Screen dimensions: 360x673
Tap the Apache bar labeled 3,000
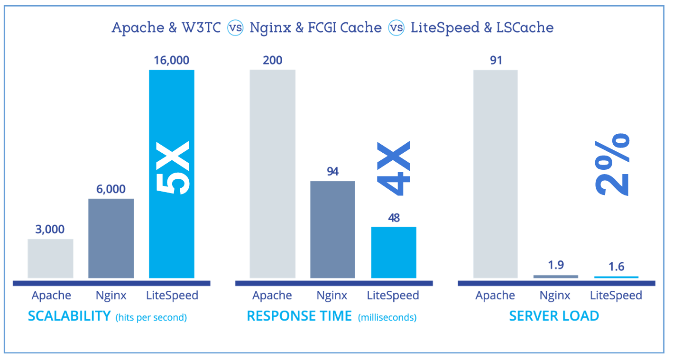[x=50, y=258]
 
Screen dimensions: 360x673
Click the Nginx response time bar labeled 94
[x=332, y=230]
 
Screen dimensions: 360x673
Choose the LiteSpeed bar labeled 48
[x=393, y=252]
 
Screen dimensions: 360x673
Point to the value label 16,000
[x=171, y=60]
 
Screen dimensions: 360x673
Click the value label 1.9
[x=555, y=265]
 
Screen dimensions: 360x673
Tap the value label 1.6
[x=616, y=267]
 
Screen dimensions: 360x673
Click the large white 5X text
[x=172, y=167]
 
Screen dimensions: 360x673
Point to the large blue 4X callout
[x=394, y=168]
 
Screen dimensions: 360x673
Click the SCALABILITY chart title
[x=69, y=316]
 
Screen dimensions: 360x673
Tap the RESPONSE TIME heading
[x=299, y=316]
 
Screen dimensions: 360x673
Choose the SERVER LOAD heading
[x=554, y=316]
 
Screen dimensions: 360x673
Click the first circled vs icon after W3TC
[x=235, y=28]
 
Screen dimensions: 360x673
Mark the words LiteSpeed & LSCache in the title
[x=482, y=28]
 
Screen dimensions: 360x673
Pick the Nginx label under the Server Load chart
[x=555, y=295]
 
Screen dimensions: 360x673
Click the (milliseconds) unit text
[x=387, y=317]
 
